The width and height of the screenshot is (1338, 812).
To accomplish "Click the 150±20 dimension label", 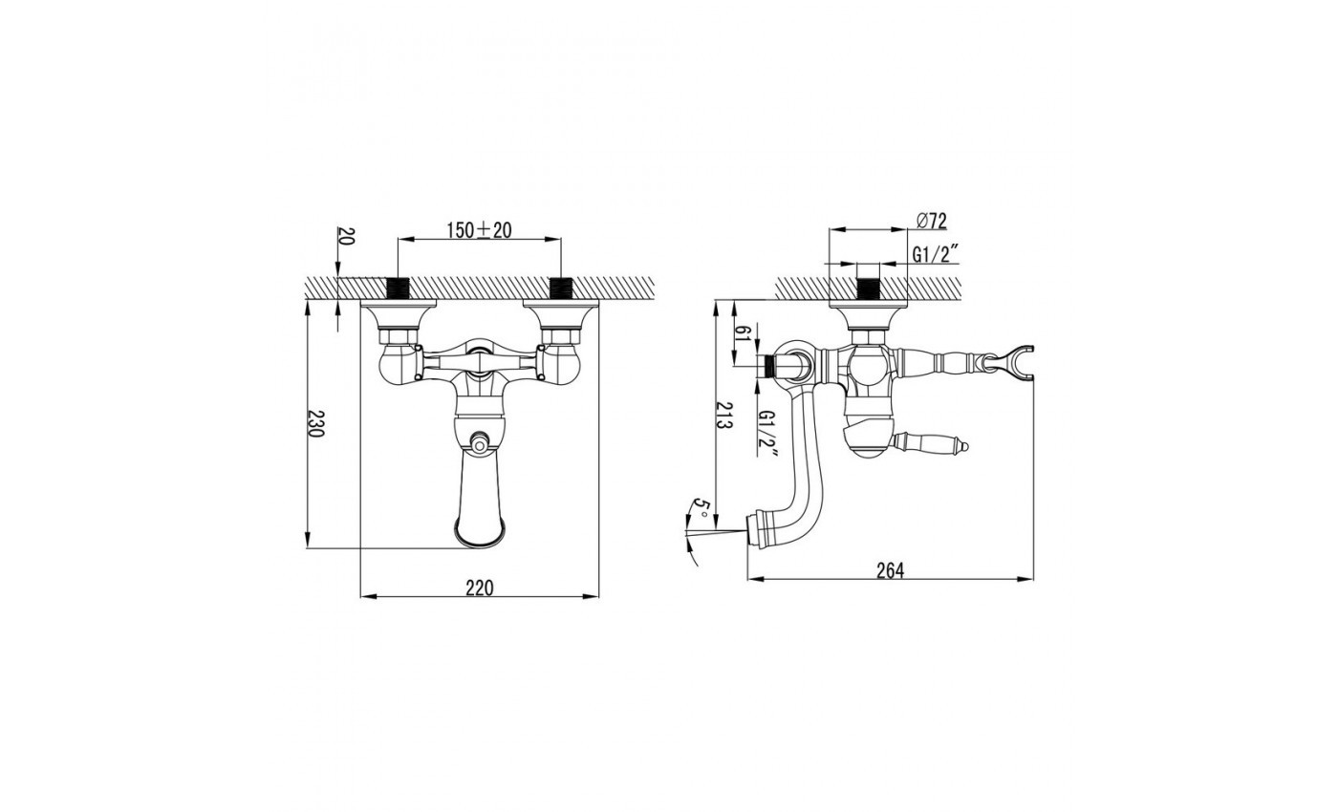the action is coord(479,230).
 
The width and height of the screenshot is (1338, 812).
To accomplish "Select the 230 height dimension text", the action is coord(315,424).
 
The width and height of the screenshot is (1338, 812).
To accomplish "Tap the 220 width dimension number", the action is coord(480,588).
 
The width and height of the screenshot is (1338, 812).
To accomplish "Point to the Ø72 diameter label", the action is coord(931,221).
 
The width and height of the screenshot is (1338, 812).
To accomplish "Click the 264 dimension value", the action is coord(890,571).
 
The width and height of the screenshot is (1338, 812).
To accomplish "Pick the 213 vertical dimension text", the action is coord(725,414).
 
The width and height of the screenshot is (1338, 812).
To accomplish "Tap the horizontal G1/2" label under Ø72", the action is coord(936,255).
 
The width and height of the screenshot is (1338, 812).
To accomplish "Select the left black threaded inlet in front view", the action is coord(398,288).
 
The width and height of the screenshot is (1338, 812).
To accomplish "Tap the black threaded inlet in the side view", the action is coord(869,288).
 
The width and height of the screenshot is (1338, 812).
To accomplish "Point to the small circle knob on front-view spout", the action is coord(479,442).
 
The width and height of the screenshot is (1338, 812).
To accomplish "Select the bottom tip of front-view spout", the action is coord(480,545).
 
